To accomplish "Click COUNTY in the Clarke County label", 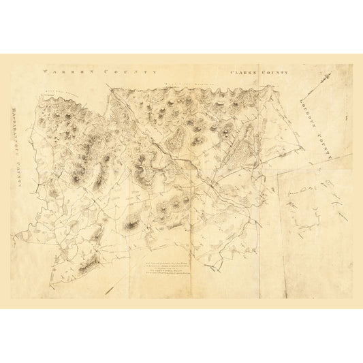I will [277, 71].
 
